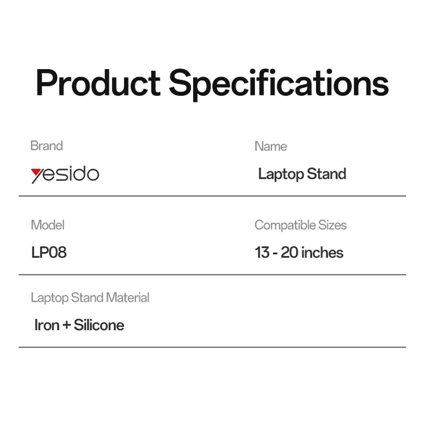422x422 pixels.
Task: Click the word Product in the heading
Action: [x=98, y=82]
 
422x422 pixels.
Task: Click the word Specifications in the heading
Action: [x=279, y=85]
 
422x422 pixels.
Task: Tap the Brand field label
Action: [x=46, y=146]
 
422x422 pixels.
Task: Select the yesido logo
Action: [x=65, y=175]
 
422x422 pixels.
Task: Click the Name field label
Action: [x=271, y=147]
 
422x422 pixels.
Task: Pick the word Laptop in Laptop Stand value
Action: [x=281, y=175]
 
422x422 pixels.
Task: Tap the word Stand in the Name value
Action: [x=327, y=174]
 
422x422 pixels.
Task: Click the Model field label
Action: [x=47, y=225]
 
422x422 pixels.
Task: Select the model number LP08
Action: [x=49, y=253]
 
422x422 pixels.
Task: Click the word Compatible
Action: [x=285, y=226]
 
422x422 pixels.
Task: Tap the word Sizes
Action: [x=333, y=225]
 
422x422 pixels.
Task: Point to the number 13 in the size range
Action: [x=262, y=253]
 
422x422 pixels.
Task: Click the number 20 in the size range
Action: [x=289, y=253]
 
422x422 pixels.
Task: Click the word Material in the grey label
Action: [x=128, y=298]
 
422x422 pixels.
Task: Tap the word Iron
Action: [x=47, y=325]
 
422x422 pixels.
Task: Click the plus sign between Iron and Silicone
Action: [x=66, y=325]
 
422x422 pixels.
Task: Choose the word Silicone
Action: [x=99, y=325]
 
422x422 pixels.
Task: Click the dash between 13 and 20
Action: [x=275, y=254]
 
